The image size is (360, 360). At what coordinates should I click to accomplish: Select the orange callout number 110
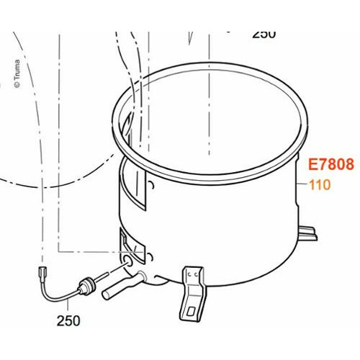tap(319, 185)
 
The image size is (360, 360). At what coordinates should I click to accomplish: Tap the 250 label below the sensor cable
tap(69, 320)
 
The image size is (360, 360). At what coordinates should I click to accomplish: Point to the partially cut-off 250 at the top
tap(264, 33)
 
